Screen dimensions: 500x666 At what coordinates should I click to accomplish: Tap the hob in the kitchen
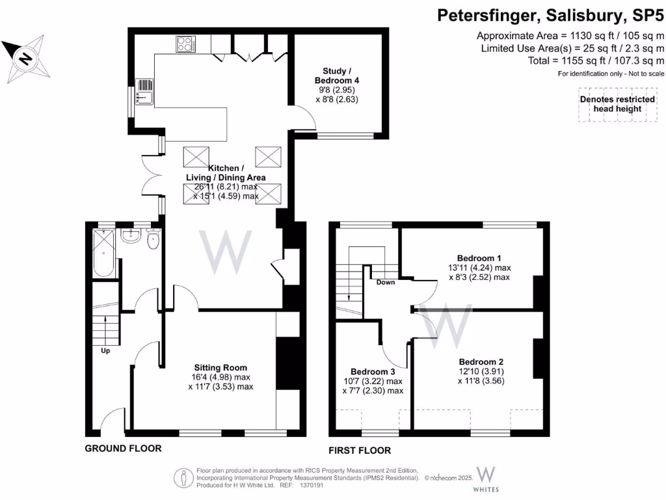tap(185, 44)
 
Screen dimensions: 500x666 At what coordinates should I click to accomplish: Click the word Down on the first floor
tap(386, 283)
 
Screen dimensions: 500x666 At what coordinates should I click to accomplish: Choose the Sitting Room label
tap(220, 367)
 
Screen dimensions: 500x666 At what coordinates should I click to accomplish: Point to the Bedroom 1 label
tap(479, 257)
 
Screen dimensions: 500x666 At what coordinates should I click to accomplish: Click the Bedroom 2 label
tap(481, 362)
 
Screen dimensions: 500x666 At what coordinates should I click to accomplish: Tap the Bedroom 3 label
tap(373, 372)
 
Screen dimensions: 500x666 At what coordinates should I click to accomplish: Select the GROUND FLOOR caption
tap(123, 449)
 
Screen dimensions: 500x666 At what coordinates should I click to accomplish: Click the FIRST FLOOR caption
tap(360, 451)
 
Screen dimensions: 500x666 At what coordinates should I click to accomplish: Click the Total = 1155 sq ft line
tap(596, 61)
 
